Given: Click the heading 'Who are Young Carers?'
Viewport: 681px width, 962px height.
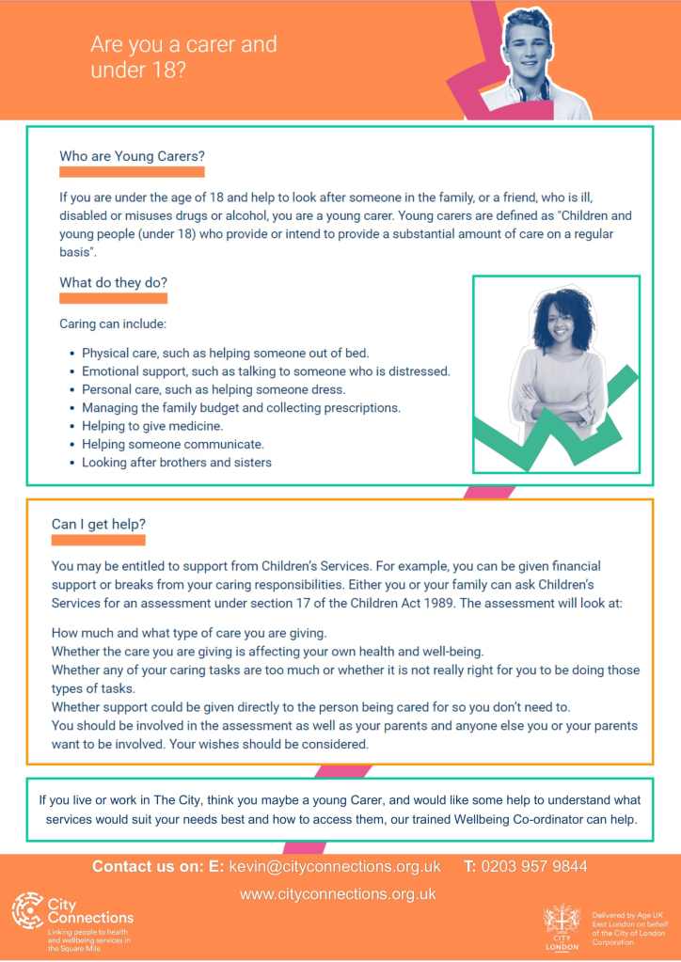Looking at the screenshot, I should point(132,156).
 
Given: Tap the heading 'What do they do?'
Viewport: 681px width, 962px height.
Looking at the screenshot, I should point(113,282).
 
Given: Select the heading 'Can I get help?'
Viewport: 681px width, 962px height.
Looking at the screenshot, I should point(99,524).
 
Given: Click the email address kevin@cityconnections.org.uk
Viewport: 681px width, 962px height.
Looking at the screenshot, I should point(335,866).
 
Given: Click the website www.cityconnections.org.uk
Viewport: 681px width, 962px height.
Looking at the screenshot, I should point(338,894).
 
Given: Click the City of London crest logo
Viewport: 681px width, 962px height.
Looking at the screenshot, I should point(562,923).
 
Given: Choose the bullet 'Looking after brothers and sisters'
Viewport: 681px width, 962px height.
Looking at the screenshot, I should point(176,462).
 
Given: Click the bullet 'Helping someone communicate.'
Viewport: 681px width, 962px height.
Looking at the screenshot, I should point(172,444).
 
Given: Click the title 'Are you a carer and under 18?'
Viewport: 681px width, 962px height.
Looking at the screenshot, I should point(183,56).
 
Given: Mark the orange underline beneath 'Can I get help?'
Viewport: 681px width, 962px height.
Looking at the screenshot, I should point(98,540).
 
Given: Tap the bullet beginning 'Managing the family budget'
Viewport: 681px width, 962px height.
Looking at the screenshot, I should point(241,408).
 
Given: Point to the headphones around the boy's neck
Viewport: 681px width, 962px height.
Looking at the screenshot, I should point(531,92).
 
